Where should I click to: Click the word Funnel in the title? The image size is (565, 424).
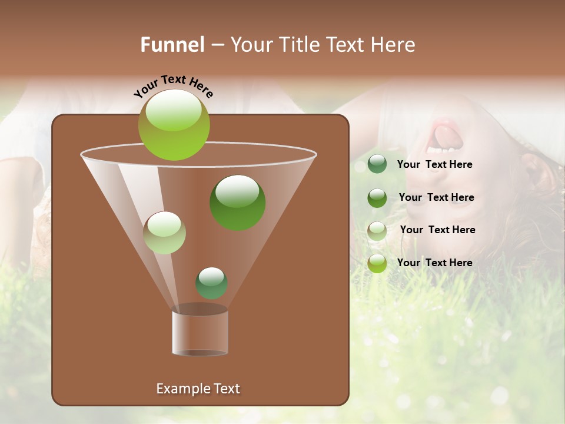(x=172, y=45)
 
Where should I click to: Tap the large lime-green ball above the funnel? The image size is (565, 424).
(x=174, y=125)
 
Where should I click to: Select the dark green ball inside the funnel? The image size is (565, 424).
(x=238, y=203)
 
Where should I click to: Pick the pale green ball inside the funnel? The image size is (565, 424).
(x=165, y=233)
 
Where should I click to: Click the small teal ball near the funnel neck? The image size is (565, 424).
(x=211, y=283)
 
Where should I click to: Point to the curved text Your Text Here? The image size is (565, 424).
(x=174, y=86)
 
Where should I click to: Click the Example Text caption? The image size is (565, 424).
(x=198, y=389)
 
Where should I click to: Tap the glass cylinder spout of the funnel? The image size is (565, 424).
(x=200, y=333)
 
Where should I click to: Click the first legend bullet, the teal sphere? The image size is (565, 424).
(x=377, y=164)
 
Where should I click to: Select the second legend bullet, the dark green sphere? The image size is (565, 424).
(x=377, y=197)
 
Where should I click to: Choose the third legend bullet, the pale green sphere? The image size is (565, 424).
(x=377, y=230)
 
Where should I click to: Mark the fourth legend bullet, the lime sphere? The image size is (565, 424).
(x=377, y=263)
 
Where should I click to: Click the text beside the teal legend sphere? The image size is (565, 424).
(x=435, y=165)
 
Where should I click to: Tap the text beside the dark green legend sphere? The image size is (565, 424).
(x=436, y=197)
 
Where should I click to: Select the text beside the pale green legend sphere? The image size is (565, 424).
(x=437, y=230)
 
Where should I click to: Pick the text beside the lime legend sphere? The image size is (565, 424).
(x=435, y=263)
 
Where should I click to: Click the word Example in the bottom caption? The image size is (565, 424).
(x=178, y=389)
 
